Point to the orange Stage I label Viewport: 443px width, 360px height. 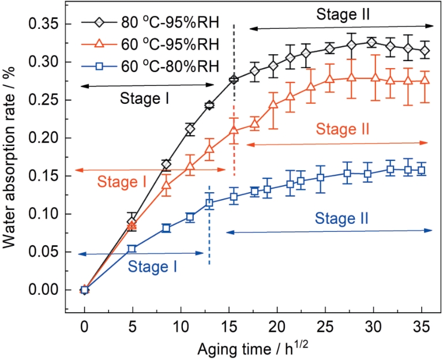122,182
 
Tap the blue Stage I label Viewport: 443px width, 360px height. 153,266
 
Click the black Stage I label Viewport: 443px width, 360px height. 144,98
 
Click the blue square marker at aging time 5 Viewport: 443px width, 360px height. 132,249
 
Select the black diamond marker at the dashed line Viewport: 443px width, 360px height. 234,80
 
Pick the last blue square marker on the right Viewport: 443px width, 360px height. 422,170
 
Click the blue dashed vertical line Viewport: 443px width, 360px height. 209,231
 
